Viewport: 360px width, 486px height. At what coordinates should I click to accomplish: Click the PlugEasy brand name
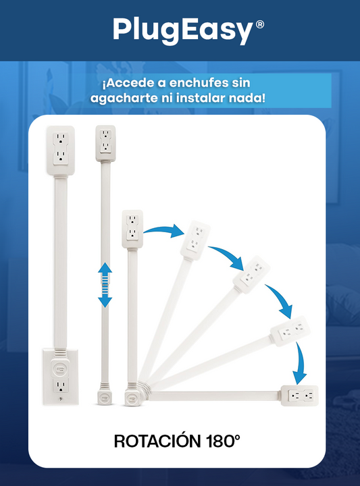pyautogui.click(x=183, y=30)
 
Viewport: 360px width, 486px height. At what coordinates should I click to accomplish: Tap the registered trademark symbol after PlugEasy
pyautogui.click(x=260, y=24)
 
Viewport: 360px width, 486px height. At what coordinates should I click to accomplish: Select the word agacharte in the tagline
pyautogui.click(x=124, y=99)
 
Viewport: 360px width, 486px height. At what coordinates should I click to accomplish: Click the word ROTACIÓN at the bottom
pyautogui.click(x=157, y=441)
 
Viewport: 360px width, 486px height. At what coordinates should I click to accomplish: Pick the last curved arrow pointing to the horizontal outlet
pyautogui.click(x=299, y=363)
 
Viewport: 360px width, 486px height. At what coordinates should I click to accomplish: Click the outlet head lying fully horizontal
pyautogui.click(x=299, y=396)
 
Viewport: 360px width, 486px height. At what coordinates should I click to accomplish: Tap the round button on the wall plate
pyautogui.click(x=61, y=369)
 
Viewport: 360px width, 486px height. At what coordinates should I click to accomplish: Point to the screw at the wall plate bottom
pyautogui.click(x=61, y=399)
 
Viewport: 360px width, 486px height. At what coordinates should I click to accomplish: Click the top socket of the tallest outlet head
pyautogui.click(x=61, y=139)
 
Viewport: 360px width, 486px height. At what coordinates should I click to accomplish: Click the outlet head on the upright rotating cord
pyautogui.click(x=132, y=229)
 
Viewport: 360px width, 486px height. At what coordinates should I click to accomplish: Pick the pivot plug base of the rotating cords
pyautogui.click(x=132, y=398)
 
